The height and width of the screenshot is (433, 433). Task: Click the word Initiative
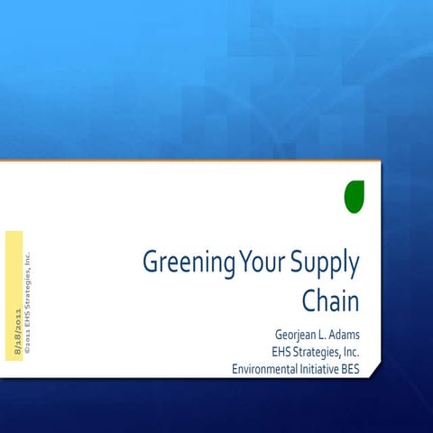pos(318,369)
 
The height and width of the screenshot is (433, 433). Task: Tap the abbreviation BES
pos(350,369)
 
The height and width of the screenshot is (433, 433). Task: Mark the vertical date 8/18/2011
pos(16,333)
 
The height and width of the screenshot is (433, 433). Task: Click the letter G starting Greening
pos(151,263)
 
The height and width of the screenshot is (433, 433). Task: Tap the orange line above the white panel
pos(180,161)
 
